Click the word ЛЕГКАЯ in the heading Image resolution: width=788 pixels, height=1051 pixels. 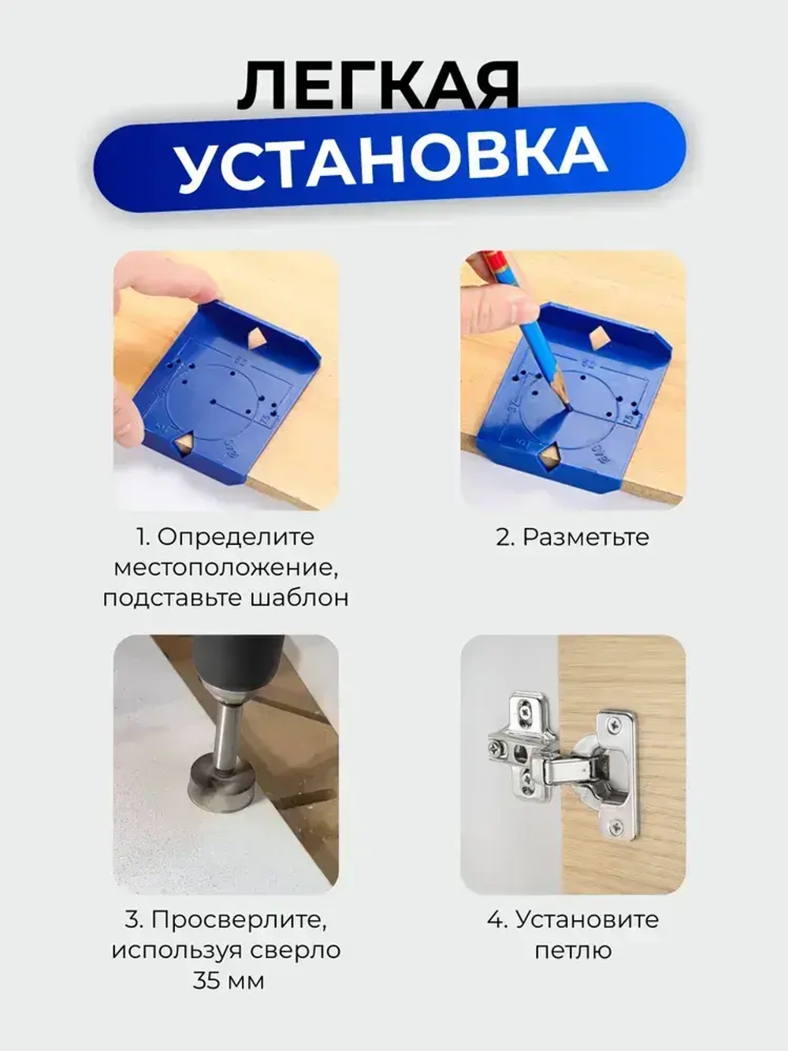[378, 85]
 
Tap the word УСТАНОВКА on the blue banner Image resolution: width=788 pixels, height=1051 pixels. [392, 160]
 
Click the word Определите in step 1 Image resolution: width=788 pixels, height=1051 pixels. [236, 537]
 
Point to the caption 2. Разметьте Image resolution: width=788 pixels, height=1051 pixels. [573, 537]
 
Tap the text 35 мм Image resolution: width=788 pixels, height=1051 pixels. [228, 981]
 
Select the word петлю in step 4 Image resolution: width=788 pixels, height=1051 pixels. [573, 950]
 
